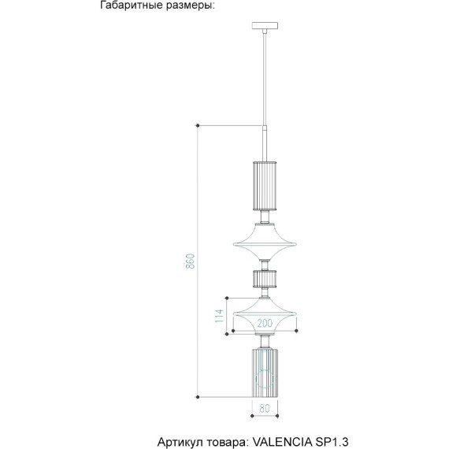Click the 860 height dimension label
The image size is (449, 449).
coord(191,261)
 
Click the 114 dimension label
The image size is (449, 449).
coord(219,316)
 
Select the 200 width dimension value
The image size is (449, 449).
coord(265,323)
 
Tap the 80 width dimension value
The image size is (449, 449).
coord(265,408)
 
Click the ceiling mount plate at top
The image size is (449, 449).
coord(265,26)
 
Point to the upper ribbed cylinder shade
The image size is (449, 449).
coord(265,186)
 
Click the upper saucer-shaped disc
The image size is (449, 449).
coord(265,241)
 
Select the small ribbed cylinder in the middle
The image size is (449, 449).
coord(265,278)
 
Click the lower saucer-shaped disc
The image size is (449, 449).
coord(265,316)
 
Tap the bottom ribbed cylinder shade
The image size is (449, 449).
coord(265,373)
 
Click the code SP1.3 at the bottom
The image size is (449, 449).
coord(332,442)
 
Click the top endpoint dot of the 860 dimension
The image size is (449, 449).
coord(198,125)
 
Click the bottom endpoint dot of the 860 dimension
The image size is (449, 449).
coord(198,397)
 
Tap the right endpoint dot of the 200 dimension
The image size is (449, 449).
coord(296,331)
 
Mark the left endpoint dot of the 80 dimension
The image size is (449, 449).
coord(252,416)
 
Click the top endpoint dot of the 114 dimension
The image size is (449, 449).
coord(227,298)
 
